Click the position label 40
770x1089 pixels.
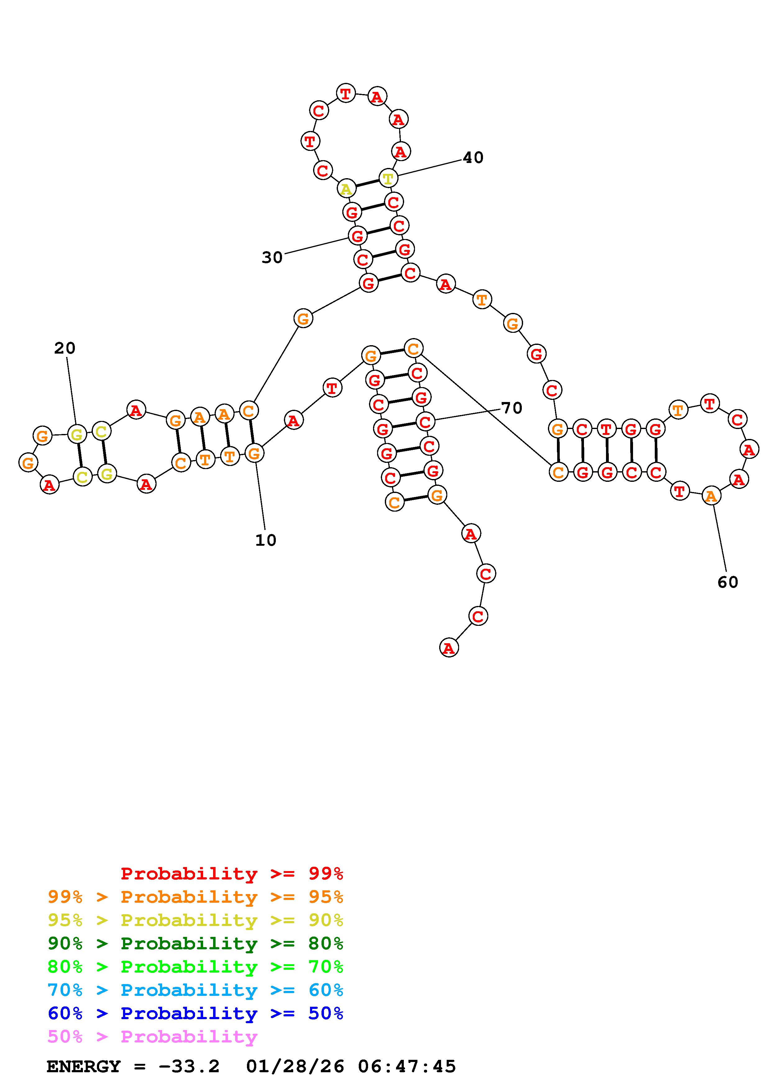(x=473, y=157)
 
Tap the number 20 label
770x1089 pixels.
(x=65, y=348)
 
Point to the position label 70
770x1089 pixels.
(x=512, y=408)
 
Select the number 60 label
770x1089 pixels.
(x=728, y=582)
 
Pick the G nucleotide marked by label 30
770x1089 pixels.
(x=357, y=235)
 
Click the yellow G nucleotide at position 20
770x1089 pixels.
(x=77, y=433)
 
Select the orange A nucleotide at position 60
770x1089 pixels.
(x=711, y=496)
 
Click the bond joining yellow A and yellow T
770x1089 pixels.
(x=367, y=183)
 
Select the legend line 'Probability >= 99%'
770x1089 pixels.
(x=231, y=873)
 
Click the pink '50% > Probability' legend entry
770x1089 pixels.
(x=152, y=1036)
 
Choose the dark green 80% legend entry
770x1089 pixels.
(x=195, y=943)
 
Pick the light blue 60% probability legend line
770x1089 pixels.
(x=195, y=990)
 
